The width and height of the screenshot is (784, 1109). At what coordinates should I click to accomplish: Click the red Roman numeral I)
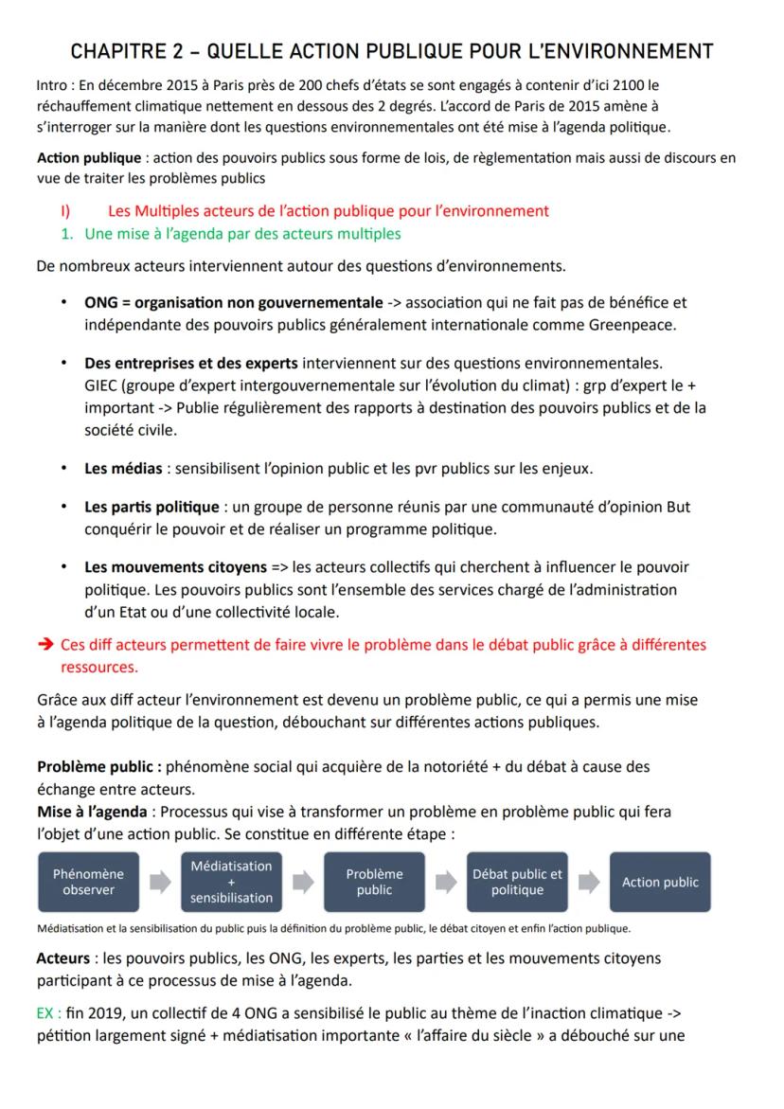tap(69, 210)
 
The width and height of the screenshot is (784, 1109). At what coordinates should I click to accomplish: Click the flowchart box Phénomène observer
tap(88, 882)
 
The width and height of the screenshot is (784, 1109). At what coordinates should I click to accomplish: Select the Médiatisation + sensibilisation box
tap(231, 882)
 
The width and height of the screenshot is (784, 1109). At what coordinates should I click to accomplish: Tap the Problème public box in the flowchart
tap(374, 882)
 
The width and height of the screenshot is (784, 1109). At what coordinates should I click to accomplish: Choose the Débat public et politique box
tap(517, 882)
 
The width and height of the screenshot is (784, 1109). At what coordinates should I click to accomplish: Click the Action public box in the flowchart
tap(660, 882)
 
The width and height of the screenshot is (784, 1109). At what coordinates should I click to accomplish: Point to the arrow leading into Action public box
tap(589, 883)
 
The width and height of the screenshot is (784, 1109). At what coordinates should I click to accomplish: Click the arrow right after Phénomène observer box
tap(160, 883)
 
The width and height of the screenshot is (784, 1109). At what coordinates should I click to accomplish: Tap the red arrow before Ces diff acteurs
tap(44, 645)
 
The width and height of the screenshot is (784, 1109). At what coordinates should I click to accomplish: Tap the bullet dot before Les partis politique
tap(63, 508)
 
